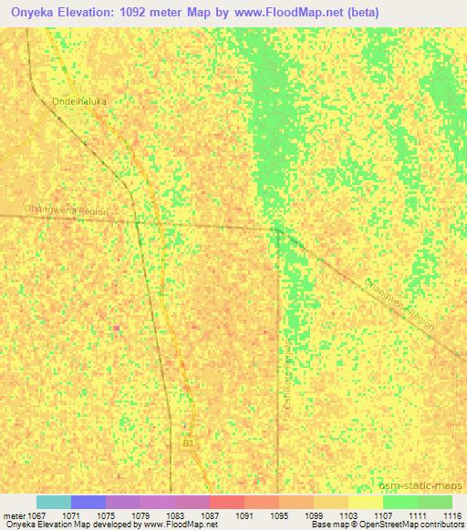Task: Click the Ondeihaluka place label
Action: (x=80, y=101)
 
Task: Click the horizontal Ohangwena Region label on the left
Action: (x=67, y=209)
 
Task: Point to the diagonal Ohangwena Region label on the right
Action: (x=400, y=305)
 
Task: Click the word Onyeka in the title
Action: (x=27, y=12)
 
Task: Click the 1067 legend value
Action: (x=36, y=515)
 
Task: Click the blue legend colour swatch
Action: (x=88, y=502)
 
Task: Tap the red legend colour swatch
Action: (x=227, y=502)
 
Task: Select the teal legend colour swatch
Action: (x=54, y=502)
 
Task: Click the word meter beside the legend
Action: (x=13, y=515)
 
